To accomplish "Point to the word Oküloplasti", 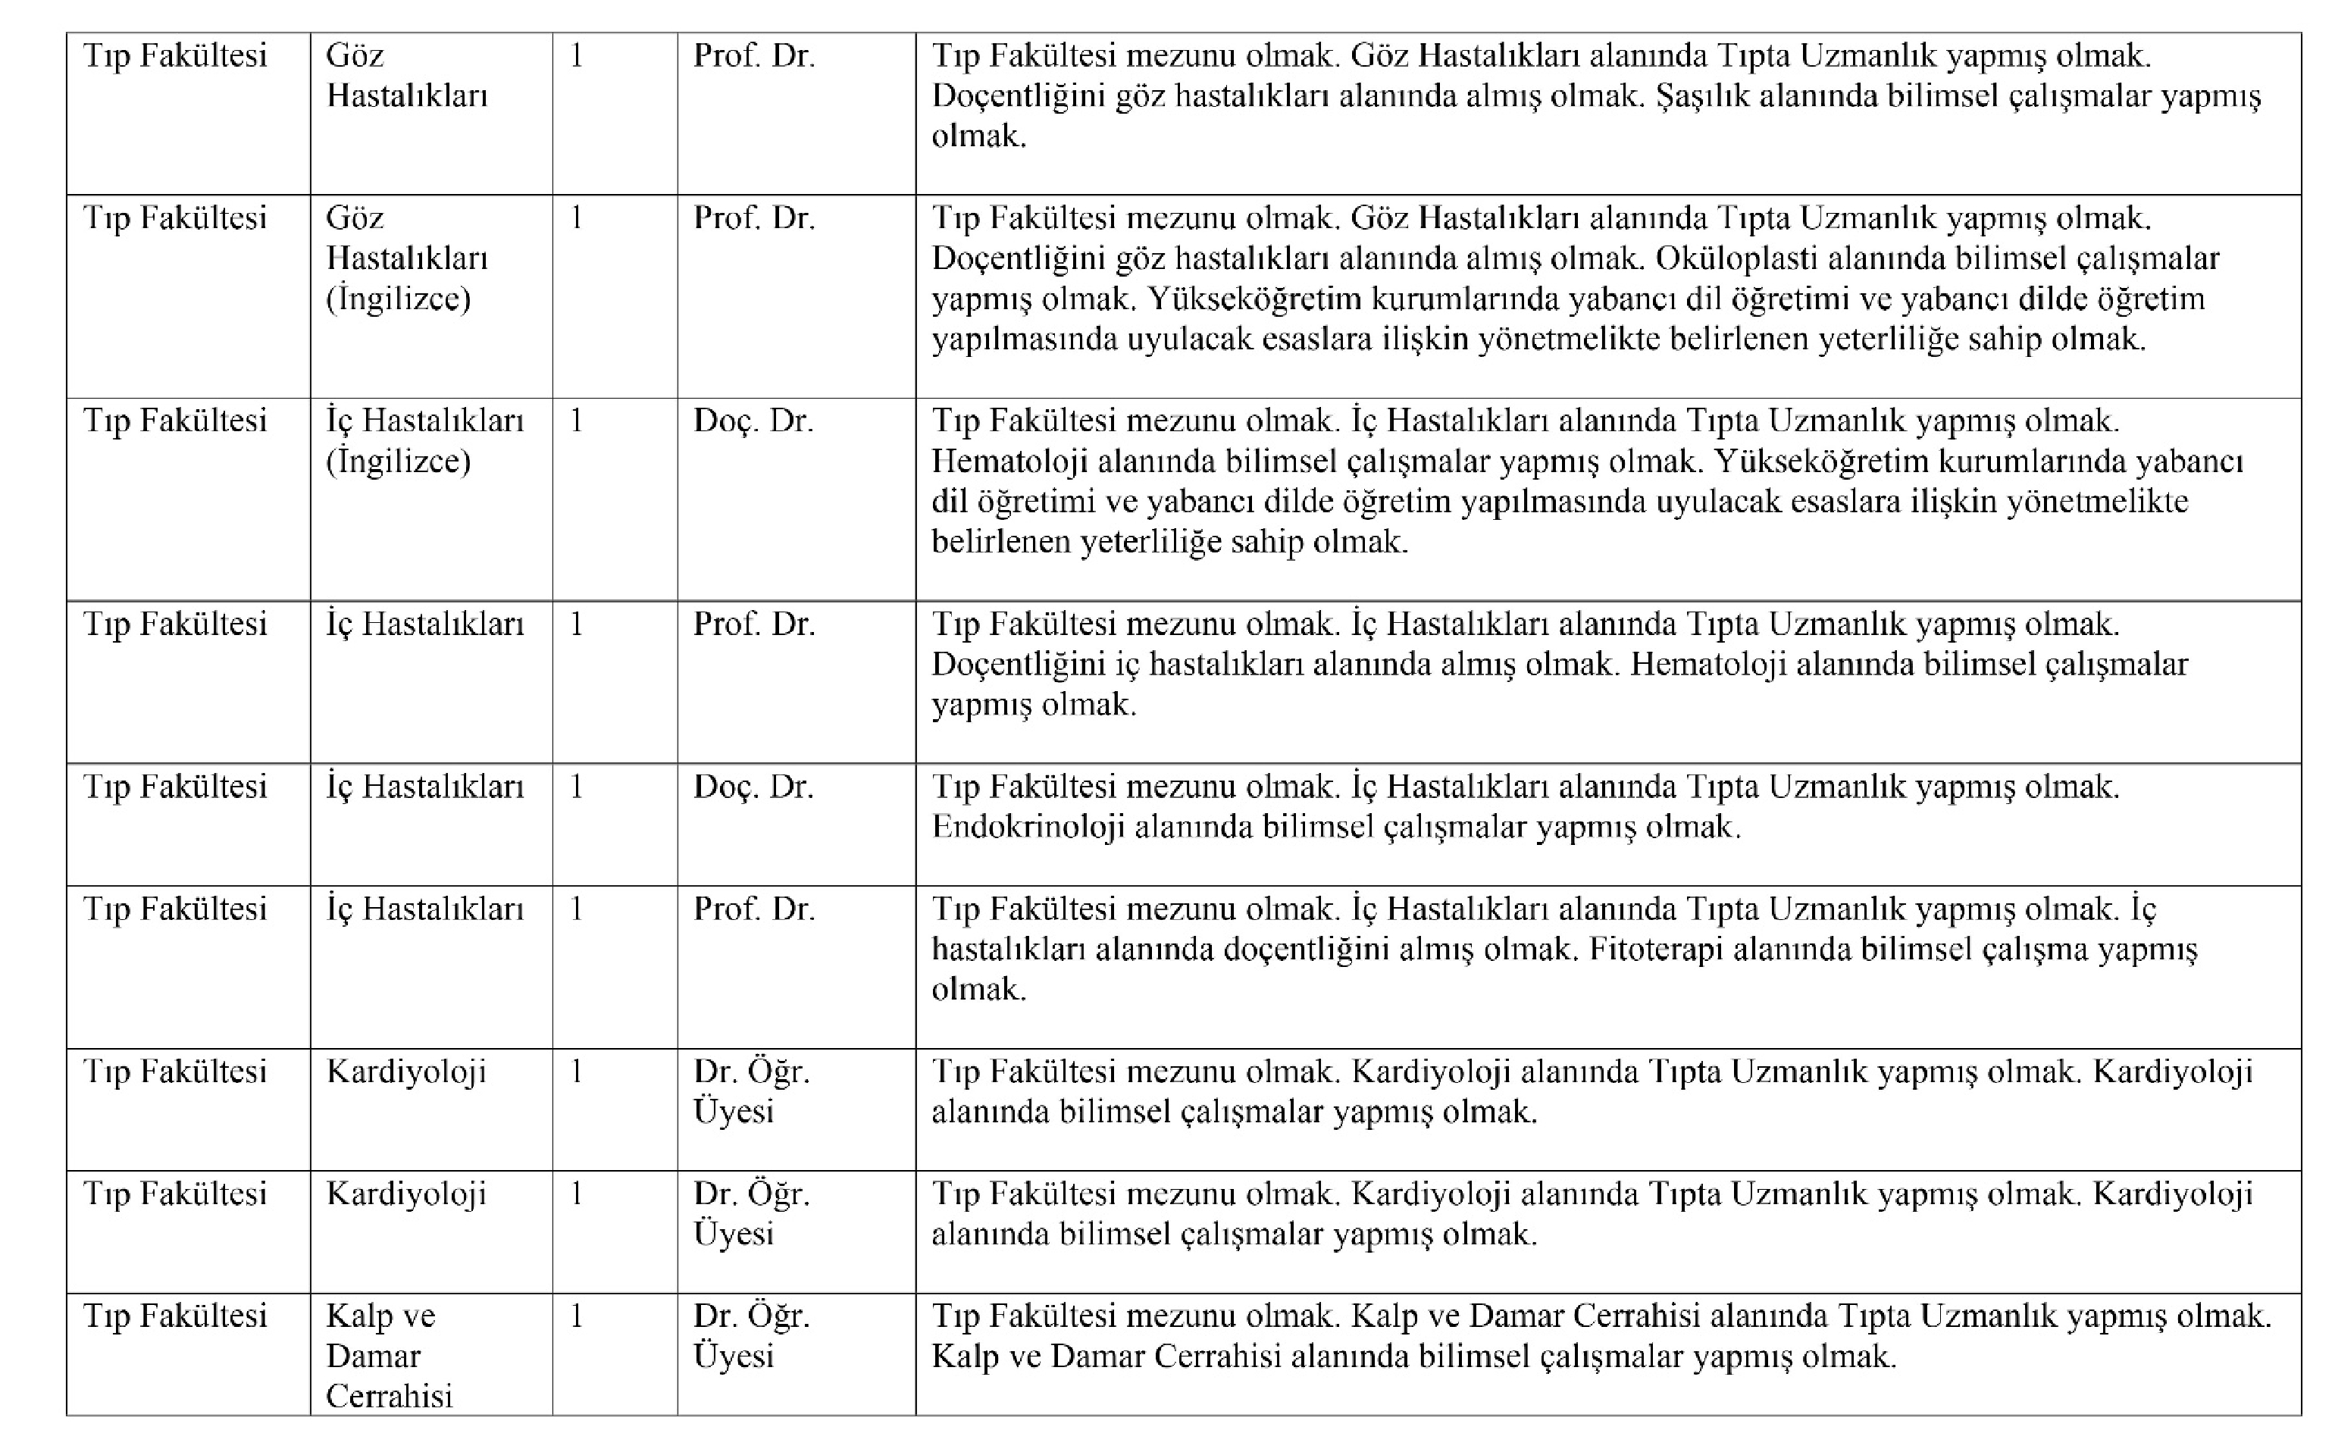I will click(x=1734, y=259).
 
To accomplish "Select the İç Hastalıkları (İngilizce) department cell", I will click(x=424, y=441).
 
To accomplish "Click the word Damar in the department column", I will click(x=374, y=1356).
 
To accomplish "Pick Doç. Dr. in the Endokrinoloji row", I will click(x=753, y=787).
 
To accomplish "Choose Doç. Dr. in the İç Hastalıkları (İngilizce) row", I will click(x=753, y=421).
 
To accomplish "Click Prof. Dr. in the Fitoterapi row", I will click(x=753, y=909).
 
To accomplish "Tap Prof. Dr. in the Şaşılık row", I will click(x=753, y=56).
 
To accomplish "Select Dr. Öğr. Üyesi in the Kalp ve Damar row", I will click(x=751, y=1337).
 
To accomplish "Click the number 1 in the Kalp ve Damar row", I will click(x=576, y=1316).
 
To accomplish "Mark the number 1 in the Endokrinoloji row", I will click(x=576, y=787).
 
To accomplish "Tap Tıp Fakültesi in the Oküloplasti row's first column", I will click(x=175, y=218).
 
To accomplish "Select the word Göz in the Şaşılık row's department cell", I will click(x=355, y=56).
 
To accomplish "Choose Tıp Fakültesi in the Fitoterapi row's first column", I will click(x=175, y=909).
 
